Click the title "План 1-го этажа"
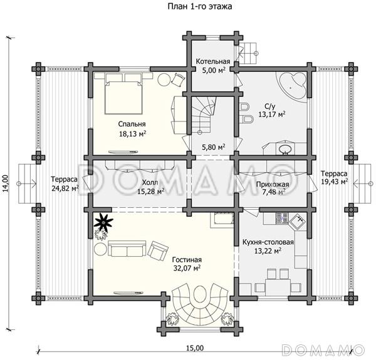(200, 6)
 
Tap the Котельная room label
(213, 61)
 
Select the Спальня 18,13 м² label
(132, 129)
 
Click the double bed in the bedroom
(123, 98)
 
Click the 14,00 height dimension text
(6, 183)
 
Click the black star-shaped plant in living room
(103, 223)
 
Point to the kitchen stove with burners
(282, 219)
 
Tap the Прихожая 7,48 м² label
(273, 188)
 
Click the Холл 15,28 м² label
(150, 187)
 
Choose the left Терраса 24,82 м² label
(65, 184)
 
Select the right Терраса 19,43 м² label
(334, 177)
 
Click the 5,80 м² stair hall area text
(214, 147)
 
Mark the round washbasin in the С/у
(285, 149)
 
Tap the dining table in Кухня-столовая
(278, 287)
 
